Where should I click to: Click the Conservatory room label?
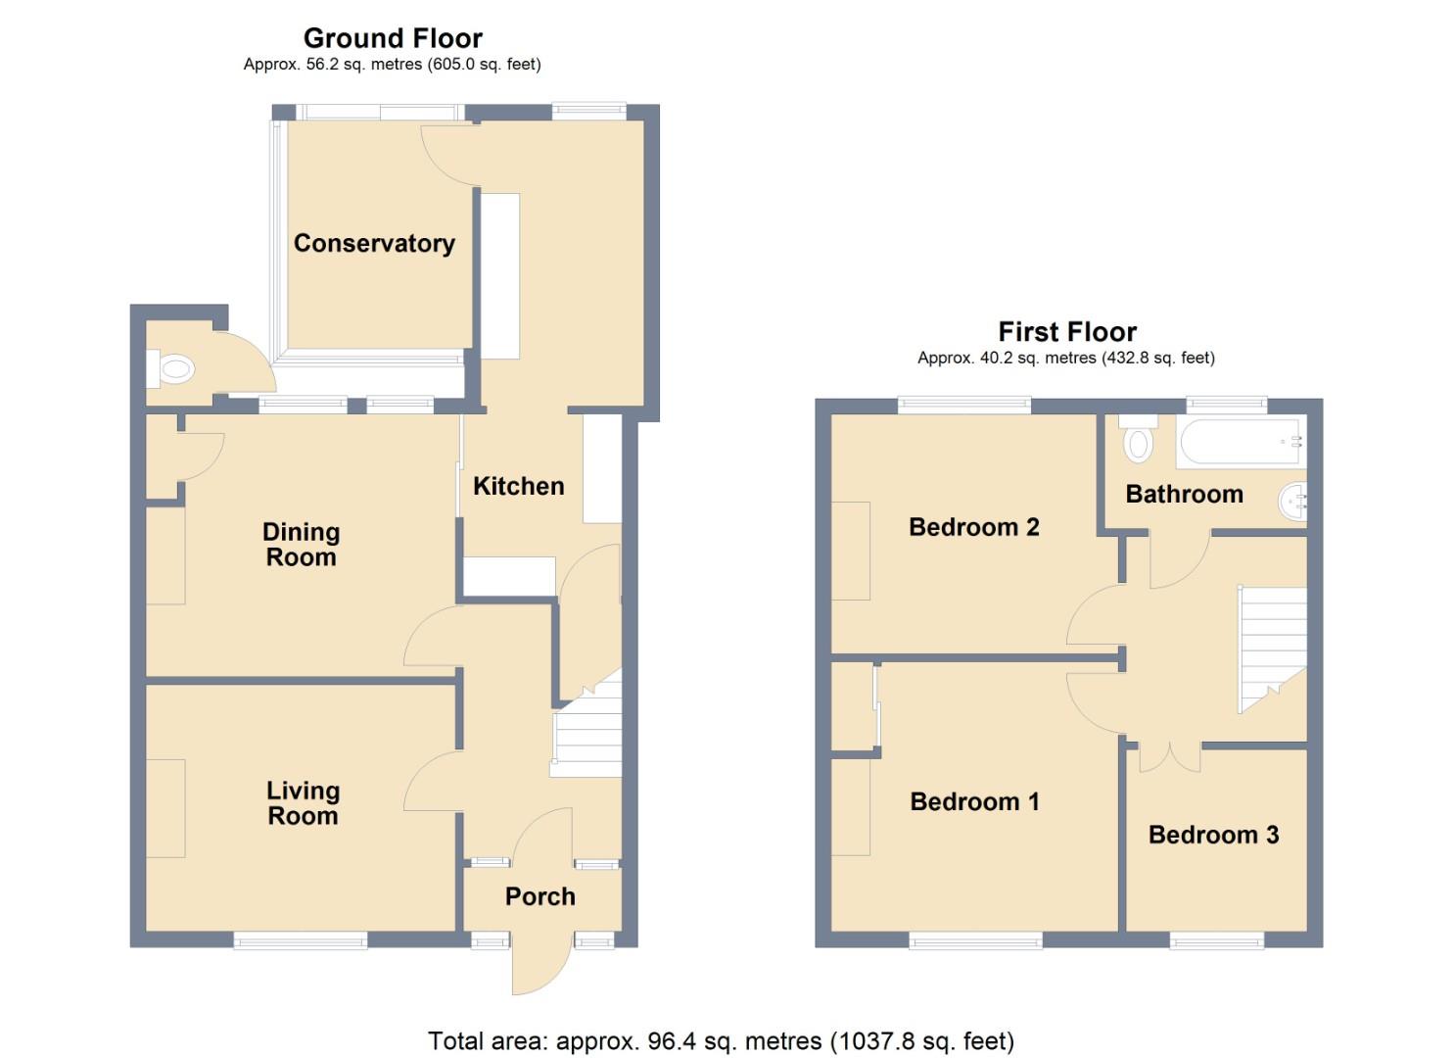tap(374, 243)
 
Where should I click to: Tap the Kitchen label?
tap(518, 486)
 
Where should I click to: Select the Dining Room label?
tap(301, 545)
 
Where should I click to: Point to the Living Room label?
tap(303, 803)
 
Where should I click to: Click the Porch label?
tap(539, 896)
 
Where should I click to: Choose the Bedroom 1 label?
tap(974, 801)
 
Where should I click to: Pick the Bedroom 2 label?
tap(973, 527)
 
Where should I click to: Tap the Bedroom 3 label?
tap(1213, 835)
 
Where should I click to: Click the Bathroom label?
tap(1184, 494)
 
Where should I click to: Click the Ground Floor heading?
tap(393, 38)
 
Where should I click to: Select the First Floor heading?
tap(1066, 332)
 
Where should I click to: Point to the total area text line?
tap(721, 1040)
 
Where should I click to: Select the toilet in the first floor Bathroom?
tap(1138, 441)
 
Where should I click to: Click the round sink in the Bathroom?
tap(1292, 503)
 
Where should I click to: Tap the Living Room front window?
tap(300, 940)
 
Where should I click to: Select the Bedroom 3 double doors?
tap(1170, 755)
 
